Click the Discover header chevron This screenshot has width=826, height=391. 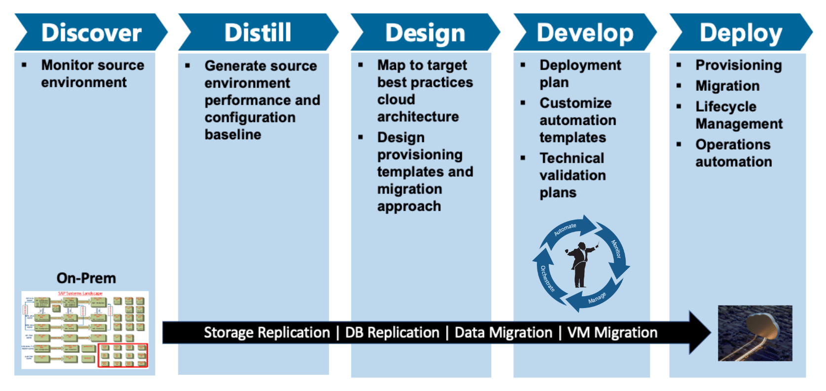coord(91,33)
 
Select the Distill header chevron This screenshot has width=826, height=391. coord(258,33)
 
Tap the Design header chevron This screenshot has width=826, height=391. coord(425,33)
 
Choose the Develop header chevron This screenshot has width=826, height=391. coord(585,33)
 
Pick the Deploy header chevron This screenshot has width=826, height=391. coord(740,33)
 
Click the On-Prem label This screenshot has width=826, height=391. coord(86,278)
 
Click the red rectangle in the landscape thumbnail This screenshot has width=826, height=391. coord(122,355)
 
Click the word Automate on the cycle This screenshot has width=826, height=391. coord(565,230)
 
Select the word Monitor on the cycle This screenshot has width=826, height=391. coord(616,249)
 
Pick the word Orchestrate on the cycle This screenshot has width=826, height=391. coord(547,279)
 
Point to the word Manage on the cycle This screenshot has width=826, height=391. coord(597,298)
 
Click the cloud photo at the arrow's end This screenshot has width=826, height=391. coord(755,333)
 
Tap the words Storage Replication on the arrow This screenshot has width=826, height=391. coord(267,332)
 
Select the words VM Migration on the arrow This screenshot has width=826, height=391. coord(612,332)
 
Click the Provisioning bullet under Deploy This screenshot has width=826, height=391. coord(738,65)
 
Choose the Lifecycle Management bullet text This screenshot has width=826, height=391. coord(739,115)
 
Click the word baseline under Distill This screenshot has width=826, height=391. coord(233,134)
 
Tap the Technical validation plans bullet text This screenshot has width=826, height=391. coord(572,175)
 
